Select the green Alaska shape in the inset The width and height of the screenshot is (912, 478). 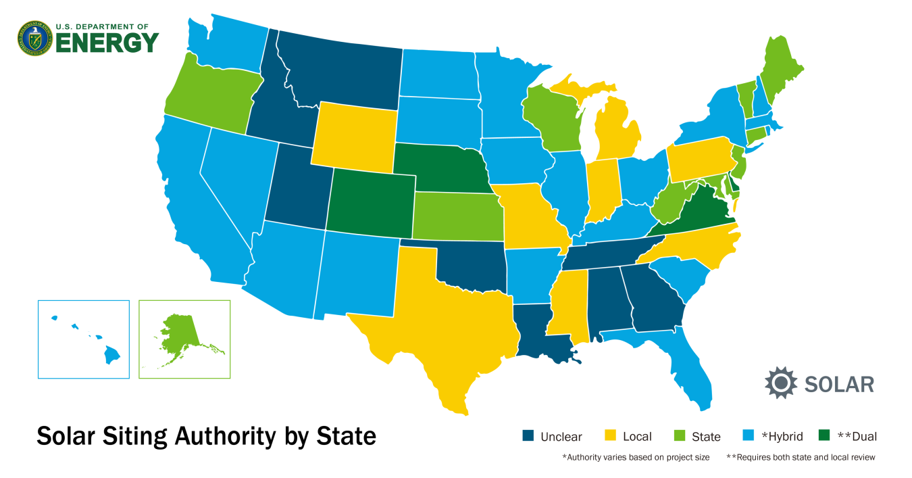click(179, 331)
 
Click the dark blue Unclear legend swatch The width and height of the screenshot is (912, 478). click(528, 436)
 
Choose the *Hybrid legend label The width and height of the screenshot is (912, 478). click(782, 436)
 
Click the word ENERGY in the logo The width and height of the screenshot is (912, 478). click(107, 43)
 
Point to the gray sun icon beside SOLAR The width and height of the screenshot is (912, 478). click(781, 383)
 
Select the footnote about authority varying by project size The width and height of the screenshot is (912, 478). click(636, 458)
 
